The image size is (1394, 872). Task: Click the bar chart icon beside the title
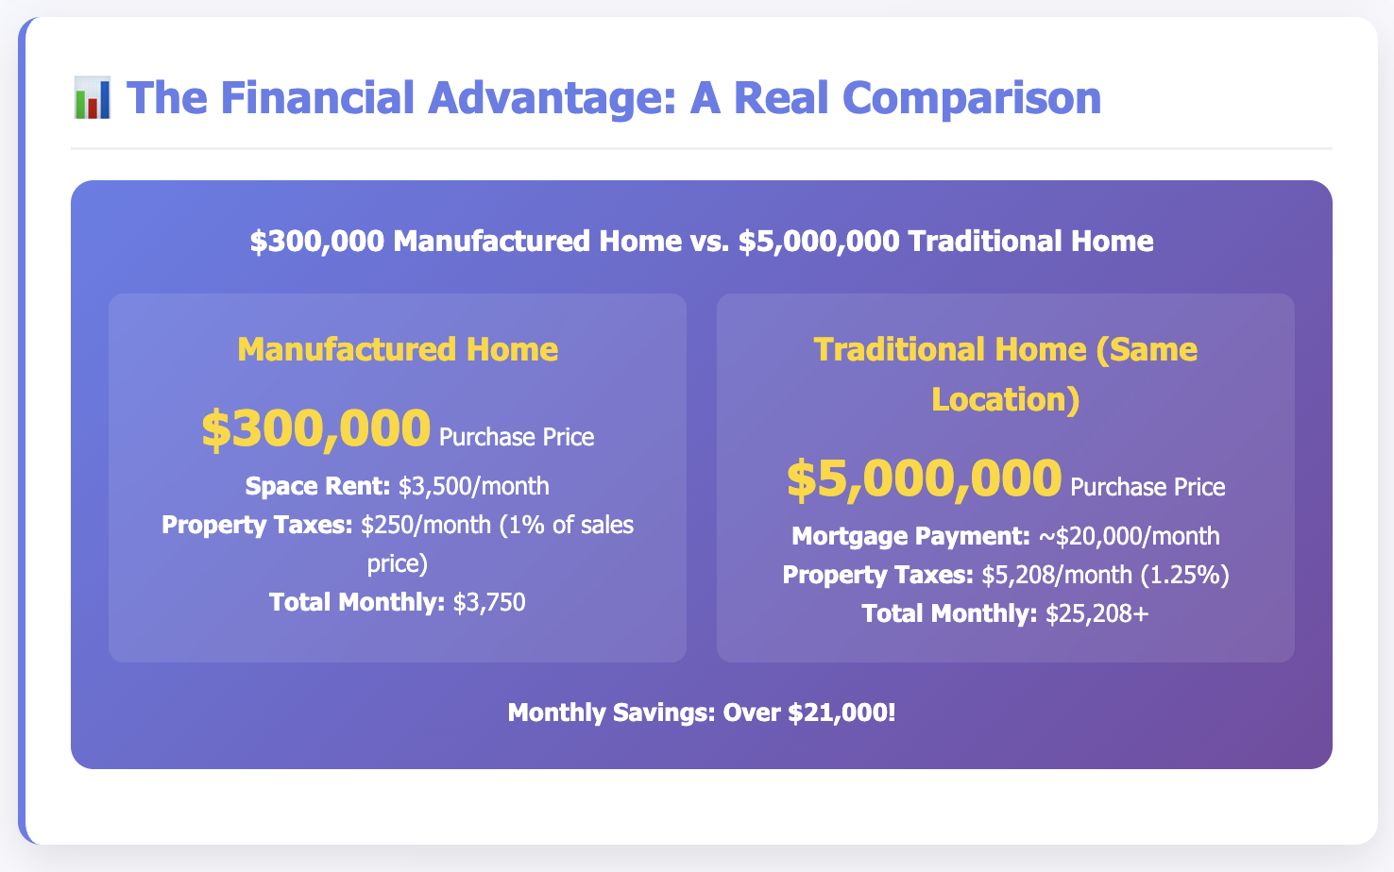tap(93, 97)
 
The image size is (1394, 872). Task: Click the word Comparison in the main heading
tap(972, 97)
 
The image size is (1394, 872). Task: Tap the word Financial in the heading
tap(317, 97)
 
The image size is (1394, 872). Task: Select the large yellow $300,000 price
tap(316, 428)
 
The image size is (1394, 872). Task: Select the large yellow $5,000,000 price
tap(925, 478)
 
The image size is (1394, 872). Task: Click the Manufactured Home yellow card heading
tap(398, 349)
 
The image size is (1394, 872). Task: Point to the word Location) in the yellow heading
tap(1005, 398)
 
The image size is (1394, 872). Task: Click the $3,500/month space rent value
tap(473, 486)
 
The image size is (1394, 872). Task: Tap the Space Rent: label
tap(317, 486)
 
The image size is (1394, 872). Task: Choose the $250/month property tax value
tap(426, 525)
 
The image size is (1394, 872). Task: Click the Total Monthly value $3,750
tap(489, 602)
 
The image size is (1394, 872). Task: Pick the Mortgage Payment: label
tap(910, 536)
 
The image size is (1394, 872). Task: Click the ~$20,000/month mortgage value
tap(1129, 536)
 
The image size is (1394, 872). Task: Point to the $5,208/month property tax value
tap(1057, 575)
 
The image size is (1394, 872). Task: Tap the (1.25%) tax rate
tap(1184, 575)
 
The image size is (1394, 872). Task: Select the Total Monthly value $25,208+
tap(1096, 613)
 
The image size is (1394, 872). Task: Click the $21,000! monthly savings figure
tap(841, 713)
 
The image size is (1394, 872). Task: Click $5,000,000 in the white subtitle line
tap(819, 242)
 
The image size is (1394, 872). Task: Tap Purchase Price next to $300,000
tap(517, 437)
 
